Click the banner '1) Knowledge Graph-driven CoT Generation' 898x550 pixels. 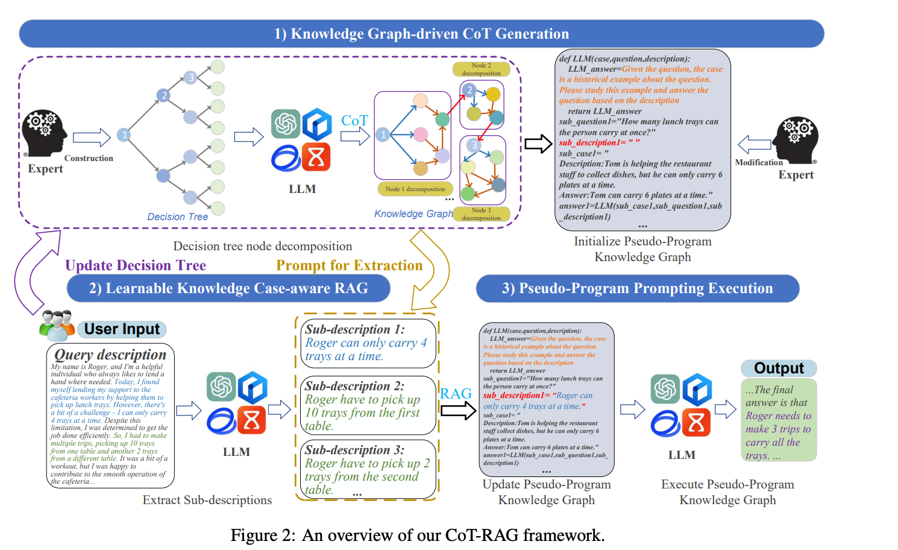tap(421, 34)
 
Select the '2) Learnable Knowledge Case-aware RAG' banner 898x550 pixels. tap(228, 289)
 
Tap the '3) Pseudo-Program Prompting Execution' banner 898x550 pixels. tap(637, 289)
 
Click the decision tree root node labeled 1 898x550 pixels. tap(124, 134)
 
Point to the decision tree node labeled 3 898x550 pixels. tap(191, 77)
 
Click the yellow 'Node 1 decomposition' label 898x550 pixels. tap(415, 189)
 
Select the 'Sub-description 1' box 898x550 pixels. tap(368, 343)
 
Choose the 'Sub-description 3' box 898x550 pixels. tap(368, 470)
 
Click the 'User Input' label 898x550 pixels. tap(122, 329)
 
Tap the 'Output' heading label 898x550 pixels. tap(779, 368)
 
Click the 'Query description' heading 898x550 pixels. tap(110, 354)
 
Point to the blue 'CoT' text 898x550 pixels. tap(354, 121)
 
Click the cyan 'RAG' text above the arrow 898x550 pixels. tap(456, 394)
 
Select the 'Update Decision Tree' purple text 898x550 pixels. tap(136, 265)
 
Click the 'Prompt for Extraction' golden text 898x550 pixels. tap(349, 265)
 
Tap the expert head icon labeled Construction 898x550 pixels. tap(44, 133)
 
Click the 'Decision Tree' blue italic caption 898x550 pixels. tap(177, 217)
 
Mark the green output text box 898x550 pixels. tap(779, 420)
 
